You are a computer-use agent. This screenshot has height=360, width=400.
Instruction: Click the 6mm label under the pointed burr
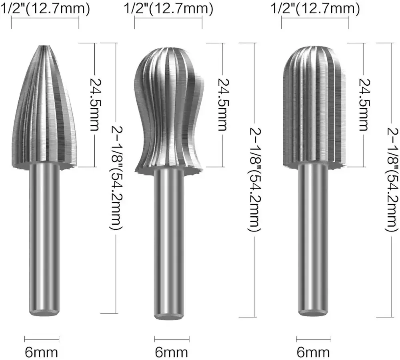(x=42, y=352)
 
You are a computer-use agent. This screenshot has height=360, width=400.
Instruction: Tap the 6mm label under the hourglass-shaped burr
(x=171, y=352)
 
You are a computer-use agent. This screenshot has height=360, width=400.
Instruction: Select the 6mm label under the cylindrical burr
(x=313, y=352)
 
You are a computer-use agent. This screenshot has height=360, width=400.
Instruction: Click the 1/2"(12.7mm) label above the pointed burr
(x=44, y=8)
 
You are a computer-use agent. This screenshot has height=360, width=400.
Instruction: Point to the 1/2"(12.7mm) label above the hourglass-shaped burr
(x=168, y=8)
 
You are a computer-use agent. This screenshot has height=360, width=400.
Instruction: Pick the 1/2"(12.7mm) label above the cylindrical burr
(x=315, y=8)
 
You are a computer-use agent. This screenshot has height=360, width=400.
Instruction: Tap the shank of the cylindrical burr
(x=314, y=240)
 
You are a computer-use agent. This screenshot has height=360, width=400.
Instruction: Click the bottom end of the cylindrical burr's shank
(x=314, y=312)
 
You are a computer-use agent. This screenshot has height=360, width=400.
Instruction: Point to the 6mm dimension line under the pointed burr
(x=42, y=339)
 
